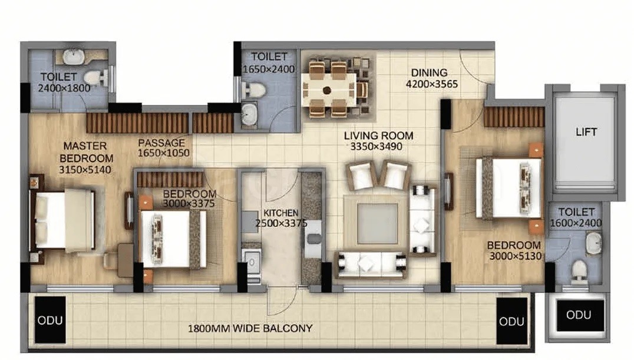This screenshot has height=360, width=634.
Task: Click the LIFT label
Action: click(586, 132)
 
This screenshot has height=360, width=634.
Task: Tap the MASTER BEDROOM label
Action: click(86, 152)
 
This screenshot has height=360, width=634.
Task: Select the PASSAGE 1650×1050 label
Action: click(163, 148)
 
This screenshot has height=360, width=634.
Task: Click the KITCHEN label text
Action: click(280, 213)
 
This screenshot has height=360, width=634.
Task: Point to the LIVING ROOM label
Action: click(378, 136)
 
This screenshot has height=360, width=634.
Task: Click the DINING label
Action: click(429, 73)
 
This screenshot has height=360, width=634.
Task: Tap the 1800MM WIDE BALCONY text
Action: click(250, 328)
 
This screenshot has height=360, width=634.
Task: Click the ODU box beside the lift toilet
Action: click(580, 315)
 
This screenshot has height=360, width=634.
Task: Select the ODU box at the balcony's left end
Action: click(50, 320)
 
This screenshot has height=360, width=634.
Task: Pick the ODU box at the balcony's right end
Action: click(512, 321)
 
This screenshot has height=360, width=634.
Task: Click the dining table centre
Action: click(327, 90)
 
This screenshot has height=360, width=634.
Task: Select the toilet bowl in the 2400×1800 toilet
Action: click(93, 77)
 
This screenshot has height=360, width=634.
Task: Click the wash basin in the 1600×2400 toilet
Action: click(593, 243)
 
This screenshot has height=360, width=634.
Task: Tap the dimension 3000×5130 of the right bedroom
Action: click(515, 256)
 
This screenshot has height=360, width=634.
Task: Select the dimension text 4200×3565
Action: click(432, 84)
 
